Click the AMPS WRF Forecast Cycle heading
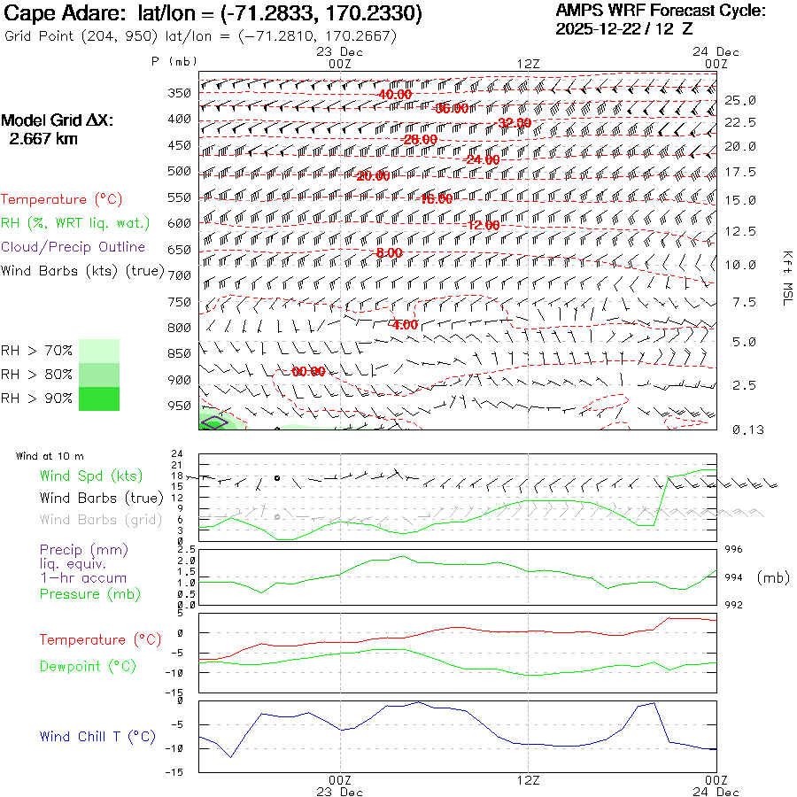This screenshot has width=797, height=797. click(660, 11)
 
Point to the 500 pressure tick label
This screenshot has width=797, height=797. click(180, 171)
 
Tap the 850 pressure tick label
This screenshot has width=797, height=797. click(180, 354)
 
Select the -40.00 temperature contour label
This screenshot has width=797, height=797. click(394, 95)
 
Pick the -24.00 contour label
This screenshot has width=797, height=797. click(483, 160)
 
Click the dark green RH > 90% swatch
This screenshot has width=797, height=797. click(99, 399)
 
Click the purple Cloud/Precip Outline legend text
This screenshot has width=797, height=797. click(74, 247)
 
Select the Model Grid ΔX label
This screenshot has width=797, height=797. click(58, 121)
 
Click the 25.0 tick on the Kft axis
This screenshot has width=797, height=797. click(739, 100)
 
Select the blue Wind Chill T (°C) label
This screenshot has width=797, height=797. click(97, 737)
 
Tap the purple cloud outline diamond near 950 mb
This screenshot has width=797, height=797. click(213, 422)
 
